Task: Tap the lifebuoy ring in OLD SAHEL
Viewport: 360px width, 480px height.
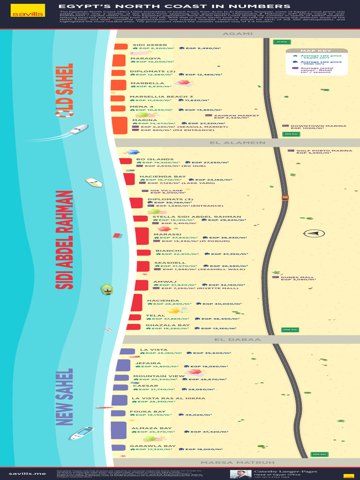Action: click(x=64, y=112)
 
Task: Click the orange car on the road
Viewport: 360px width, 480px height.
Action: click(x=285, y=197)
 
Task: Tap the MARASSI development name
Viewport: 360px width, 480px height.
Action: click(x=167, y=234)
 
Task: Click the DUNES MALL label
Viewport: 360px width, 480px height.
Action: click(x=297, y=277)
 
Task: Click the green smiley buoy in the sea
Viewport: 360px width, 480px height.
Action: click(x=107, y=289)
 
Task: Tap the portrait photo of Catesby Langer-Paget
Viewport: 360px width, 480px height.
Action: click(x=240, y=474)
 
